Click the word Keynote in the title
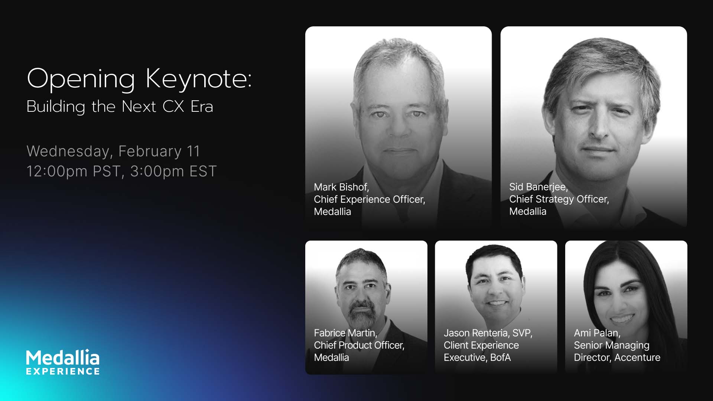(199, 79)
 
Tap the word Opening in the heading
(81, 79)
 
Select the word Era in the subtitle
(202, 107)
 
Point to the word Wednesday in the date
(68, 151)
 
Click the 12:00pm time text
(57, 171)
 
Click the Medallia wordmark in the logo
(62, 358)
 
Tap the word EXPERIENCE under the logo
(63, 371)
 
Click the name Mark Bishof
(341, 187)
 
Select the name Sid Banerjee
(538, 187)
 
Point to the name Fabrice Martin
(345, 333)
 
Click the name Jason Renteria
(476, 333)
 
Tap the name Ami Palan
(597, 333)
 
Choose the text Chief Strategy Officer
(559, 199)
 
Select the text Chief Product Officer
(359, 345)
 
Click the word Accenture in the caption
(637, 357)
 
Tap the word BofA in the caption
(500, 357)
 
